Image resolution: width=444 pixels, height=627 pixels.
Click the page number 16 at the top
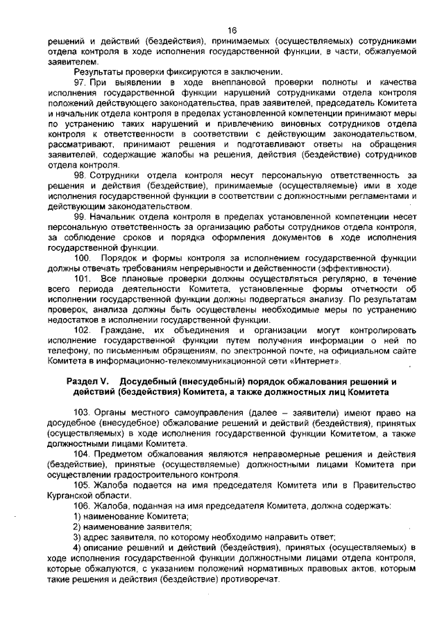[232, 30]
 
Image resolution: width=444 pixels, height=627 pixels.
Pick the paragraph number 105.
[82, 486]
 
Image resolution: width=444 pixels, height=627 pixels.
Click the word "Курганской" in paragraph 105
[71, 496]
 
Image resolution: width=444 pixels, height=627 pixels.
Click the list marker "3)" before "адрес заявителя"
[78, 538]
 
